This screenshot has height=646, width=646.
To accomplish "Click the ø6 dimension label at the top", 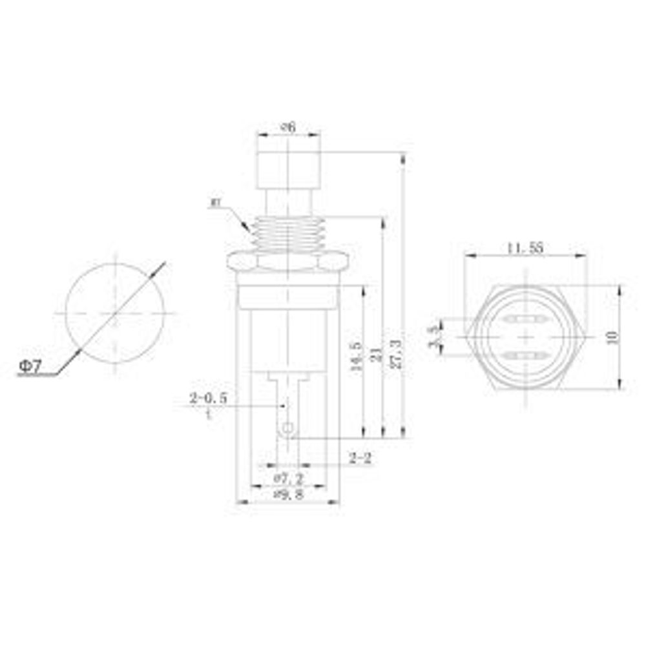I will click(x=288, y=127).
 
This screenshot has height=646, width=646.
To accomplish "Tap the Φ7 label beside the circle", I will click(x=30, y=366).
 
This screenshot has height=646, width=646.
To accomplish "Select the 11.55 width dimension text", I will click(x=525, y=247).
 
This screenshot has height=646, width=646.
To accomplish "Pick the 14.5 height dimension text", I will click(x=355, y=357).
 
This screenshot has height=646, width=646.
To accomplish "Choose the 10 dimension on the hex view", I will click(x=612, y=336).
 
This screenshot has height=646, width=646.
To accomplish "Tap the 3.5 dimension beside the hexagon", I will click(x=433, y=335).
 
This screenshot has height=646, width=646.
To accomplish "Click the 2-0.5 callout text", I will click(x=208, y=399).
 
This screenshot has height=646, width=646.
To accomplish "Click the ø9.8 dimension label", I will click(x=288, y=494).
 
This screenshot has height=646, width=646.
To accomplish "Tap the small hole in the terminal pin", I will click(x=288, y=427).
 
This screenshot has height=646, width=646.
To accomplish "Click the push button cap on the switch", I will click(x=288, y=169).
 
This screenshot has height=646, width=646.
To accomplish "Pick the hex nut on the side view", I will click(x=288, y=261).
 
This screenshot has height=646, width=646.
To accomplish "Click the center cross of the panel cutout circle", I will click(x=115, y=313).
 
